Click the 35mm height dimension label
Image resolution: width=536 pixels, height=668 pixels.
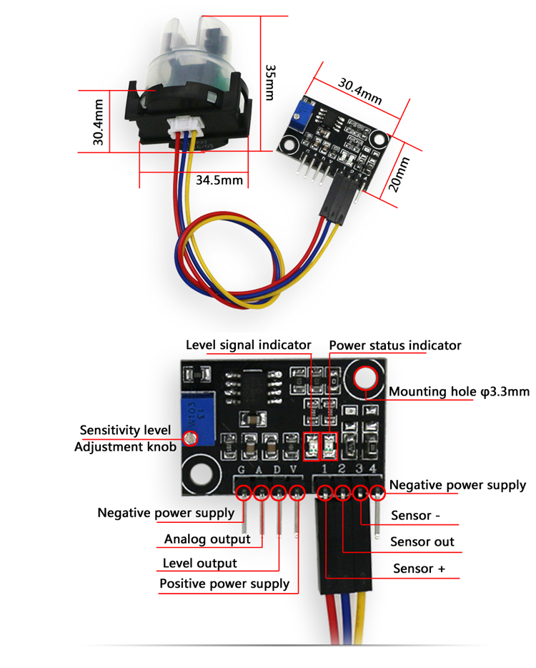pos(270,82)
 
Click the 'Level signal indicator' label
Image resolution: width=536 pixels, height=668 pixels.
pos(248,345)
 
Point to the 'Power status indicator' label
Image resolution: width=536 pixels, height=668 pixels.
pos(395,345)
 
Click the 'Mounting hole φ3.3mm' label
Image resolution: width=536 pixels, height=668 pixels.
pos(459,392)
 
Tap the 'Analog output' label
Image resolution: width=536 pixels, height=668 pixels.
pos(207,539)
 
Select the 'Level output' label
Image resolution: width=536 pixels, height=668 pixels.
pos(200,563)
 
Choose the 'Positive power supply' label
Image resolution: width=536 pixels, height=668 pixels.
pos(224,584)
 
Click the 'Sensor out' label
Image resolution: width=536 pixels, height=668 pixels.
pos(422,541)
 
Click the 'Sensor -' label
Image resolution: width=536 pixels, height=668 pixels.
pos(411,516)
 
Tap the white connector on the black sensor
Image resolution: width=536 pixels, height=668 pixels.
pos(185,131)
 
